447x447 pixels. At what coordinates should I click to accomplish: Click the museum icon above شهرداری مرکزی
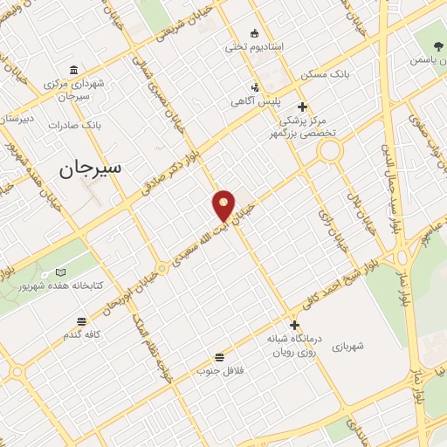[73, 70]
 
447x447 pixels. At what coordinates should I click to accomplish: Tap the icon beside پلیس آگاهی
[254, 87]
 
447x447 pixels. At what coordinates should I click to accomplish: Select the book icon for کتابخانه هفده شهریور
[60, 273]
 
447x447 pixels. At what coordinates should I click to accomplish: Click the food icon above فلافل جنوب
[218, 357]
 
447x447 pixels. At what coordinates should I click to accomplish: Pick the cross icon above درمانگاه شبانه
[294, 324]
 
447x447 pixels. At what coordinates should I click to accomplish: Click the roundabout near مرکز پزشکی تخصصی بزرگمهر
[330, 151]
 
